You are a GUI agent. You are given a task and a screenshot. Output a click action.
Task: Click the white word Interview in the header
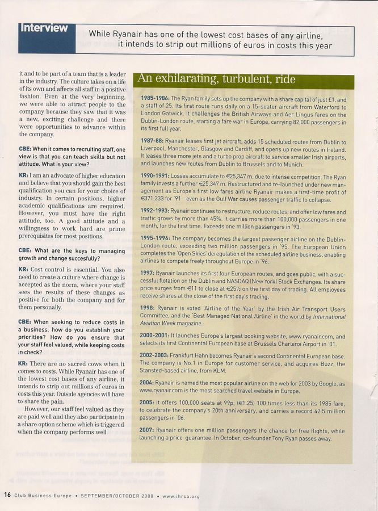pyautogui.click(x=44, y=28)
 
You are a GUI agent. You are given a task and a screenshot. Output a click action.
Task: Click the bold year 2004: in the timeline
pyautogui.click(x=148, y=383)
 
